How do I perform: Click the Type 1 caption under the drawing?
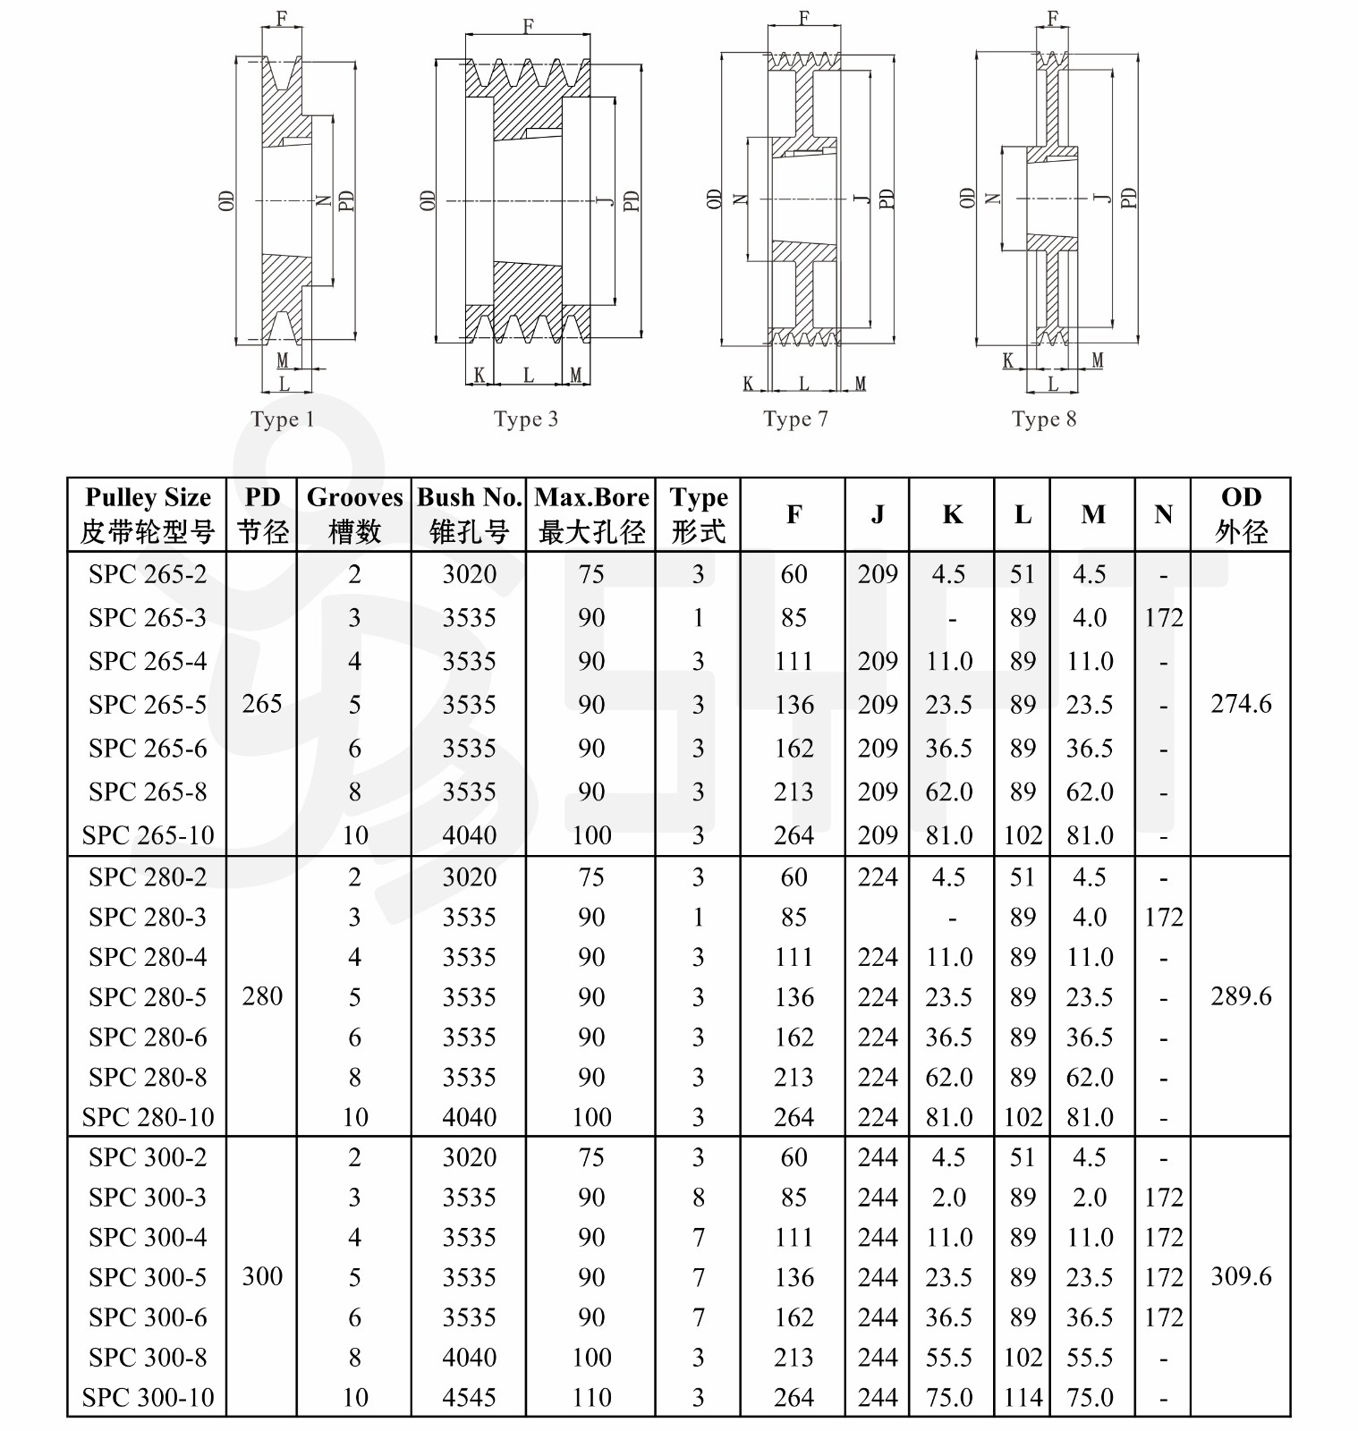[283, 419]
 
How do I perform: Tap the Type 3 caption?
[526, 419]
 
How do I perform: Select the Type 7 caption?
[795, 419]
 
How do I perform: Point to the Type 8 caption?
[1044, 419]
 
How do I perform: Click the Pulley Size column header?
[148, 514]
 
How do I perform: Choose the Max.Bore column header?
[591, 514]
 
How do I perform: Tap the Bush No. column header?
[470, 514]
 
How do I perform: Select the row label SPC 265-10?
[148, 835]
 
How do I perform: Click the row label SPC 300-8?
[148, 1358]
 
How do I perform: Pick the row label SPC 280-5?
[148, 997]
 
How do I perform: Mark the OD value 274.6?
[1241, 704]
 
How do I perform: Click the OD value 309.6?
[1241, 1276]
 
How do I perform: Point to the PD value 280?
[262, 996]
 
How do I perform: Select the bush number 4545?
[470, 1397]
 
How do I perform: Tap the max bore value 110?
[591, 1397]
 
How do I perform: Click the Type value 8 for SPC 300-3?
[699, 1198]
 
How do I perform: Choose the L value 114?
[1023, 1397]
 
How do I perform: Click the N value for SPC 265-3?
[1164, 618]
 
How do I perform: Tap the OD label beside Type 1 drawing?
[227, 200]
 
